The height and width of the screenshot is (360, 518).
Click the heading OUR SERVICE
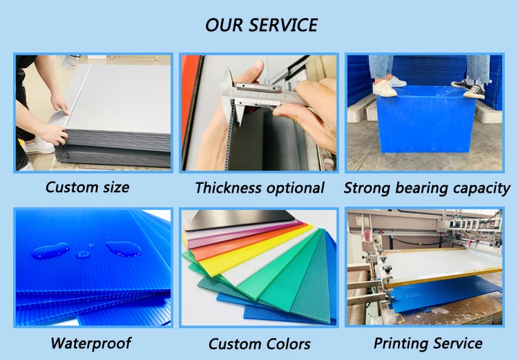coord(261,25)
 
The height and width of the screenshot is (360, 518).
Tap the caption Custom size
coord(87,187)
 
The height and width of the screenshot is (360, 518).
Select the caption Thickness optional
coord(259,188)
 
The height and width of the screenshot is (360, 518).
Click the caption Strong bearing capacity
coord(427,188)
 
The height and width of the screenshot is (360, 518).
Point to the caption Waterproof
coord(91,343)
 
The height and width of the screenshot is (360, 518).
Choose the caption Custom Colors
coord(259,344)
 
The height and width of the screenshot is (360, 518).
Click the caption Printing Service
coord(428,343)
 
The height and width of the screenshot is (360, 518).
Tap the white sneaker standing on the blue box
coord(385,88)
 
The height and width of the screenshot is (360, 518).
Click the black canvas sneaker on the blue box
coord(468,88)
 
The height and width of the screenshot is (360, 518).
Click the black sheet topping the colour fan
coord(240,220)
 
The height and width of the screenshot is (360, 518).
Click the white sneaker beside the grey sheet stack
coord(39,146)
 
